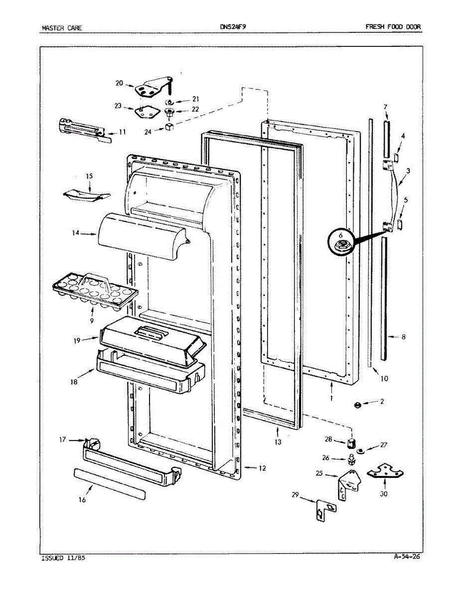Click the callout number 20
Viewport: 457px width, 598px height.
(119, 83)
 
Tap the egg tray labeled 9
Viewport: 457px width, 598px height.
(94, 289)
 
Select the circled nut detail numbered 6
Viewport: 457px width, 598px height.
(342, 244)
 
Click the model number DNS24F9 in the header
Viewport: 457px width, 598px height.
(233, 27)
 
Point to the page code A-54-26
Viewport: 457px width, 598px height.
(406, 557)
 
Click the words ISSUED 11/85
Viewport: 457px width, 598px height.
(63, 558)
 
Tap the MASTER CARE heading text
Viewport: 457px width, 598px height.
(62, 28)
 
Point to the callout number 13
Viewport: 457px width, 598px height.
(278, 442)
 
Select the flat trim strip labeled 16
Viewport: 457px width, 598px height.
(111, 483)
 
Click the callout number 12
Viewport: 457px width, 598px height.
(263, 468)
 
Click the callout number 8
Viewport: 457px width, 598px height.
(403, 337)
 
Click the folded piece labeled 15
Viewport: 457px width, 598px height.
(86, 195)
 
